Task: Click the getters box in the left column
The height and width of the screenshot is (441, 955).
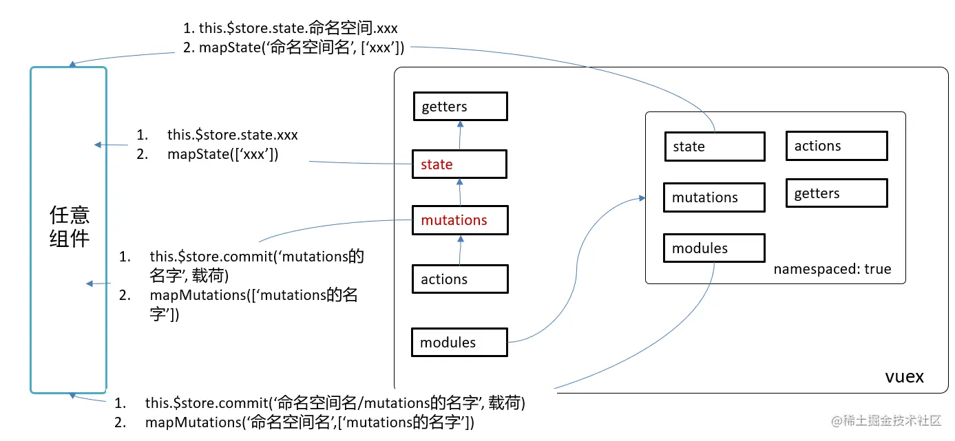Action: click(460, 107)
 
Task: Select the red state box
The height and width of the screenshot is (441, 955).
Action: click(460, 164)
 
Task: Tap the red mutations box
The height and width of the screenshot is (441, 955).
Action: click(460, 220)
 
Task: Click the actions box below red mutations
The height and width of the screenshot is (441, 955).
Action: click(460, 279)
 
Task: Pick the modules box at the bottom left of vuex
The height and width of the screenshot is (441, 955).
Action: click(459, 343)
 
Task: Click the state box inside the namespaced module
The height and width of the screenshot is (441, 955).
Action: click(714, 147)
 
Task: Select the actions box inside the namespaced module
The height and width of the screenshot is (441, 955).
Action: click(837, 146)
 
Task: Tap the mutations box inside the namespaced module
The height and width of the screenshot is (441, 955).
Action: click(714, 197)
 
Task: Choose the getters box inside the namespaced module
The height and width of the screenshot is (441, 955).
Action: click(837, 193)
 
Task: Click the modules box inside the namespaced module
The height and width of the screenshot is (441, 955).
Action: click(714, 248)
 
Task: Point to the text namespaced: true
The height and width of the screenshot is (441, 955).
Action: click(832, 269)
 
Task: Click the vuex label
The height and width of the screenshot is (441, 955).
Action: click(904, 377)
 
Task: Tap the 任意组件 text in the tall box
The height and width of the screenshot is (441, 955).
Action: click(69, 227)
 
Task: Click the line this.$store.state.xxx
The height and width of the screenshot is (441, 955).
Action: click(232, 135)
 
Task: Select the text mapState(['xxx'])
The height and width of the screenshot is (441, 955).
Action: click(222, 154)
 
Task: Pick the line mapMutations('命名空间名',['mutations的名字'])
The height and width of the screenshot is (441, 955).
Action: click(309, 422)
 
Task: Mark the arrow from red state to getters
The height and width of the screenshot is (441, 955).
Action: click(460, 136)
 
